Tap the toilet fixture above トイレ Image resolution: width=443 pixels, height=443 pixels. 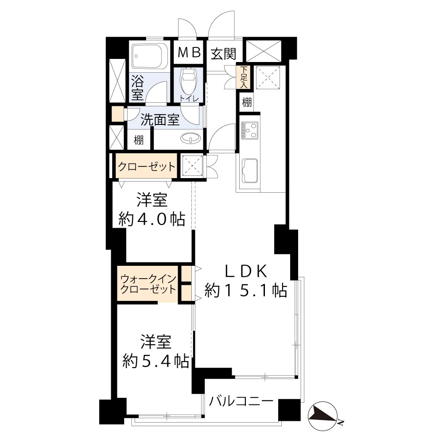click(x=188, y=80)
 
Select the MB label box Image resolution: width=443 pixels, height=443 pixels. click(x=188, y=53)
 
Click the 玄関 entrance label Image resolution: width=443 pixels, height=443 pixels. click(x=223, y=54)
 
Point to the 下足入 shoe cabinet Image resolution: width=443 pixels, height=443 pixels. click(x=244, y=77)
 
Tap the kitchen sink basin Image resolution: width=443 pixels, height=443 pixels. click(x=250, y=171)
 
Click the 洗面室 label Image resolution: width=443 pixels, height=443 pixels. click(x=160, y=120)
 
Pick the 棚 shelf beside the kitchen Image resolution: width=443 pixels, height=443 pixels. click(x=247, y=102)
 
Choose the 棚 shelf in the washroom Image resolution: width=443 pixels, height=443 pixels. click(x=139, y=140)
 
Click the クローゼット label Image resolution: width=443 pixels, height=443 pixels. click(x=146, y=167)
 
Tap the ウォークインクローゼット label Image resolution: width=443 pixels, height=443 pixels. click(x=148, y=284)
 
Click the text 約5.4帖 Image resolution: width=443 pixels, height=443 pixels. click(x=156, y=361)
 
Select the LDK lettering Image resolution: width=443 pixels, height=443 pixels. click(x=245, y=272)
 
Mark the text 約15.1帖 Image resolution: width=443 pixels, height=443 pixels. click(x=246, y=290)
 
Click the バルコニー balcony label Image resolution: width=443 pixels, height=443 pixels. click(x=241, y=401)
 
